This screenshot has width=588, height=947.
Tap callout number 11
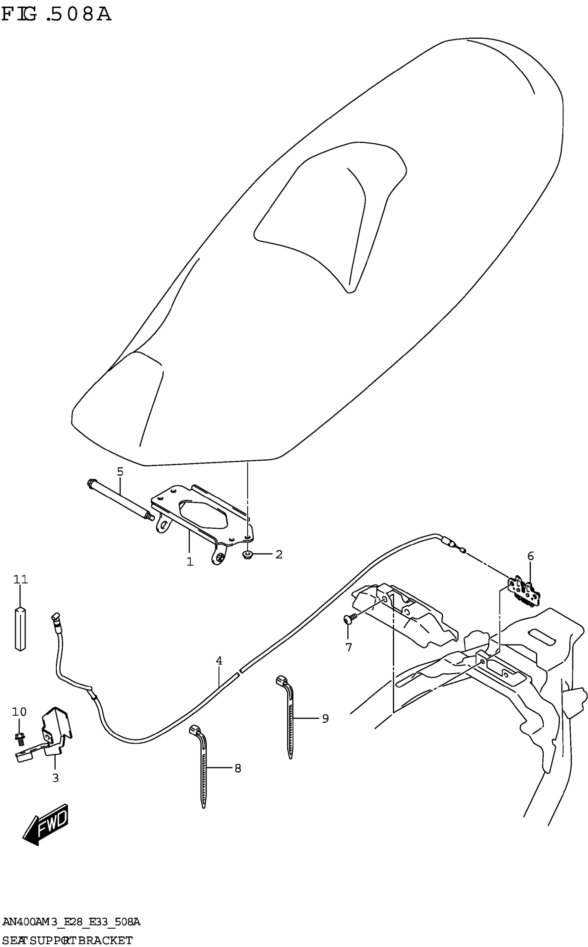click(21, 580)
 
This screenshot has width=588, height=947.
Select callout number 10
click(19, 712)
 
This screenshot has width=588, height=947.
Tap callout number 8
click(238, 768)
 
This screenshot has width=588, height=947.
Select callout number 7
click(348, 647)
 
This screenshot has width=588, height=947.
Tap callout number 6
click(531, 556)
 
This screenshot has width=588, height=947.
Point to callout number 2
click(279, 554)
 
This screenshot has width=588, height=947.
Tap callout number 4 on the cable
click(219, 661)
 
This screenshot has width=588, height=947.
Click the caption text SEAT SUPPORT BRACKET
click(66, 940)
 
